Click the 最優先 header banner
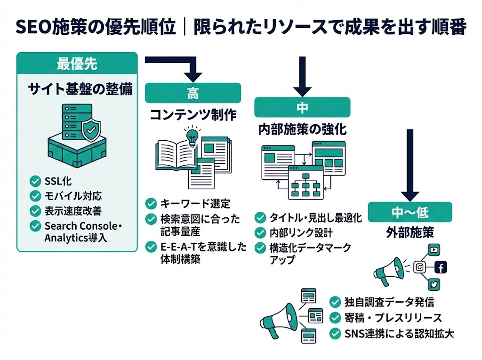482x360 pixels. (x=77, y=64)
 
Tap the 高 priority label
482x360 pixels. (x=193, y=93)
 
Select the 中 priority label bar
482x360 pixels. (x=302, y=107)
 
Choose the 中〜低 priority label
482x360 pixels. (x=410, y=212)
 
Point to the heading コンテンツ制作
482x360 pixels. (x=193, y=115)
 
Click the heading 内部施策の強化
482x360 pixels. (x=303, y=130)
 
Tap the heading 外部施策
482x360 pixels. (x=410, y=233)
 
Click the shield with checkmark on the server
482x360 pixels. (x=91, y=129)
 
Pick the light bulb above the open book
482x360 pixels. (x=192, y=136)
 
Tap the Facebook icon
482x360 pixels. (x=440, y=267)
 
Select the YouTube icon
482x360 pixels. (x=434, y=250)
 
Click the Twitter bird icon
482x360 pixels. (x=434, y=284)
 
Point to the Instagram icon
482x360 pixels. (x=418, y=267)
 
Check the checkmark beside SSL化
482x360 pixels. (x=35, y=181)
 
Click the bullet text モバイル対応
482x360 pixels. (x=73, y=196)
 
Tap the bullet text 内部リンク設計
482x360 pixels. (x=301, y=232)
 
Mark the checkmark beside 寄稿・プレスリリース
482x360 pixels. (x=335, y=317)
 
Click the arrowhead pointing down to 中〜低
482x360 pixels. (x=410, y=195)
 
